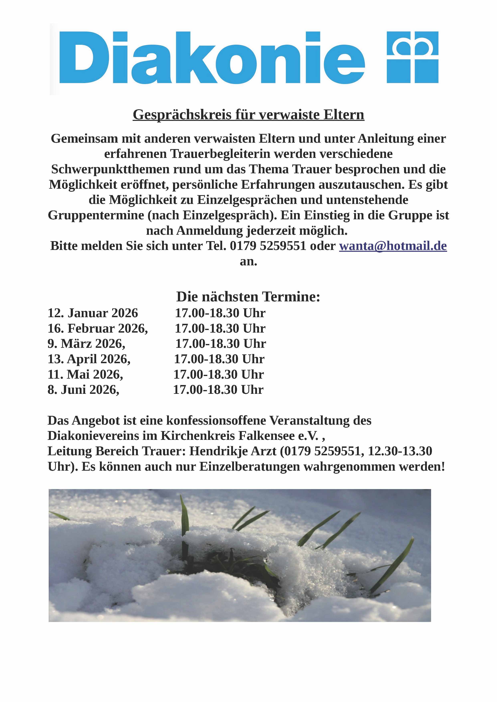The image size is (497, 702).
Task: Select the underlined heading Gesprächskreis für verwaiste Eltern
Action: (248, 115)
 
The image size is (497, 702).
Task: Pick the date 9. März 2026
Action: (86, 344)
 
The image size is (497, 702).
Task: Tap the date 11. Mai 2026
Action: (85, 374)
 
